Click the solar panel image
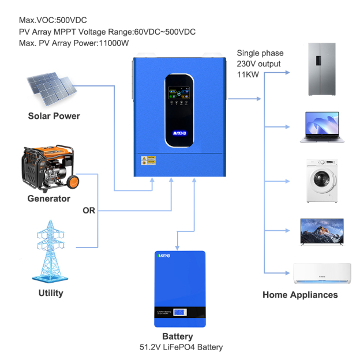[51, 87]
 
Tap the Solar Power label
[54, 116]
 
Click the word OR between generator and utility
[89, 211]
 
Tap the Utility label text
[51, 293]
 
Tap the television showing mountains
[322, 231]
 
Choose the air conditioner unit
[322, 275]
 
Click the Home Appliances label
[300, 295]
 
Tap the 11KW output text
[249, 74]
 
